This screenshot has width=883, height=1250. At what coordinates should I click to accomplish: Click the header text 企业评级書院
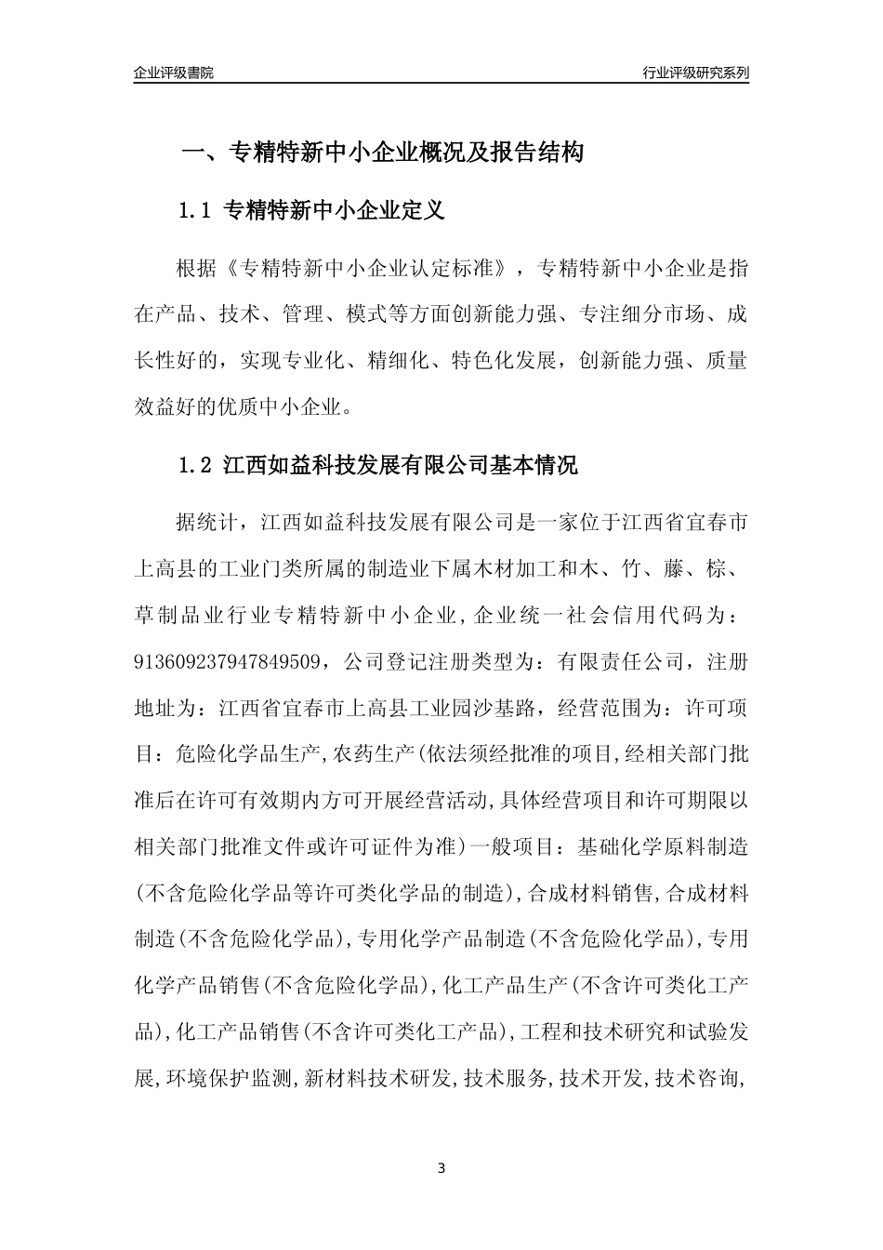tap(174, 73)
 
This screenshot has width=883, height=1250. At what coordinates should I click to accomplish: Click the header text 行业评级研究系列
tap(695, 73)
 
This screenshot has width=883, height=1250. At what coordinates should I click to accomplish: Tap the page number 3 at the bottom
tap(441, 1168)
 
